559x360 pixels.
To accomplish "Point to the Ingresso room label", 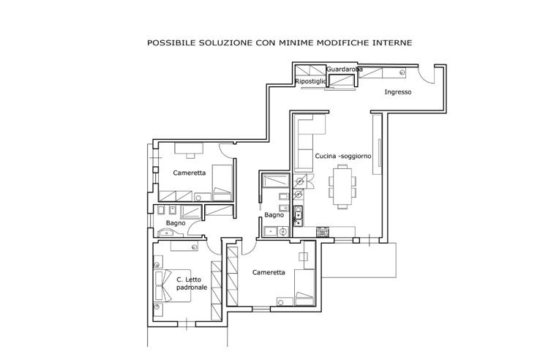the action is click(398, 92).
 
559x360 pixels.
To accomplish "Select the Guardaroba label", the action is click(345, 70).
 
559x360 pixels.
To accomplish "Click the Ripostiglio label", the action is click(311, 82).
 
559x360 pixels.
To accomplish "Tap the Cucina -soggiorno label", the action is click(343, 156).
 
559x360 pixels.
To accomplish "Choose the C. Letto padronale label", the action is click(192, 284).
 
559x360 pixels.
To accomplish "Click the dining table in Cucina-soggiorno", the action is click(342, 187).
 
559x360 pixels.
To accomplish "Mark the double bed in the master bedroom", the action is click(172, 286).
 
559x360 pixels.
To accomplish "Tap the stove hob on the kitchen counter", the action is click(323, 232).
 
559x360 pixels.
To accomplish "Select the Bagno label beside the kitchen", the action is click(274, 215).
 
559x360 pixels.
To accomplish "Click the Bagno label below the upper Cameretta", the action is click(176, 223).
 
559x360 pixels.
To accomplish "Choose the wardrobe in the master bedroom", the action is click(217, 290).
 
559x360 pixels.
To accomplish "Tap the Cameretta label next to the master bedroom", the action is click(269, 272).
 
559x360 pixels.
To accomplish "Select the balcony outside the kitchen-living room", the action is click(359, 260).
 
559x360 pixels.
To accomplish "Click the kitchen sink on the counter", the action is click(298, 216).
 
